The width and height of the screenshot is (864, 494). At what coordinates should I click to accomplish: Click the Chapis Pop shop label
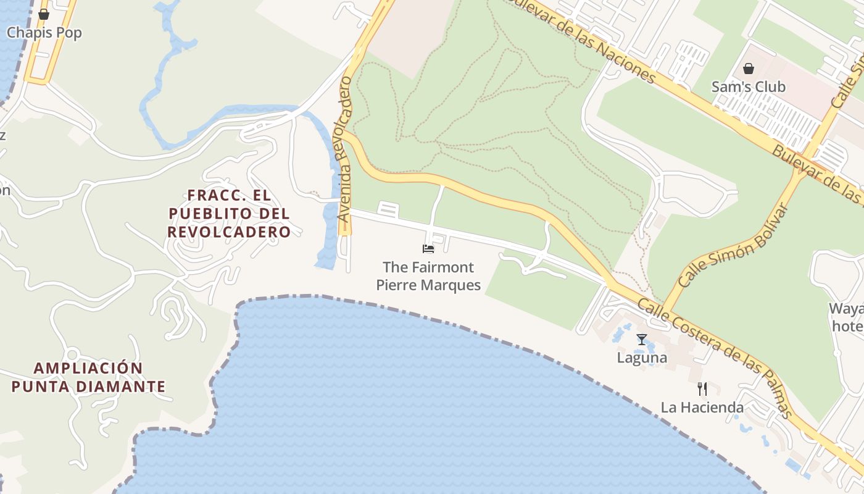[x=44, y=33]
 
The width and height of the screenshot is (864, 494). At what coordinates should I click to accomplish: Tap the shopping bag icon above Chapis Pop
[x=44, y=14]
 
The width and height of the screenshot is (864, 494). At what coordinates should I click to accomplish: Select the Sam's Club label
[x=749, y=86]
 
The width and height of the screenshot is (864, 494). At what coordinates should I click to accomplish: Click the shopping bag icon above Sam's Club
[x=749, y=68]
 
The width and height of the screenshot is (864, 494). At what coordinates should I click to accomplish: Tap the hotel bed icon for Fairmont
[x=428, y=248]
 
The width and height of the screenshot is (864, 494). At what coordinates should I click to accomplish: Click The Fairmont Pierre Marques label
[x=428, y=276]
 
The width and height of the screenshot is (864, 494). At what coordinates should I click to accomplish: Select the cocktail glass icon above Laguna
[x=642, y=339]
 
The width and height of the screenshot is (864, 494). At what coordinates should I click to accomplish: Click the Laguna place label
[x=642, y=358]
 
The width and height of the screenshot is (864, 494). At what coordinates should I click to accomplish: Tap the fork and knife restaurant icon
[x=702, y=388]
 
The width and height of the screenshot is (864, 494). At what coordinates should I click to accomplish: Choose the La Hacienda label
[x=702, y=408]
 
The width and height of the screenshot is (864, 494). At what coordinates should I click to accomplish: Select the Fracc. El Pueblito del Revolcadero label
[x=229, y=214]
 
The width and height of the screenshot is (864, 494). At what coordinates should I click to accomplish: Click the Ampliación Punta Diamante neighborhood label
[x=88, y=377]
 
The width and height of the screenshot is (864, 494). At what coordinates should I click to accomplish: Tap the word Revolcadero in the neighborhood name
[x=229, y=232]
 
